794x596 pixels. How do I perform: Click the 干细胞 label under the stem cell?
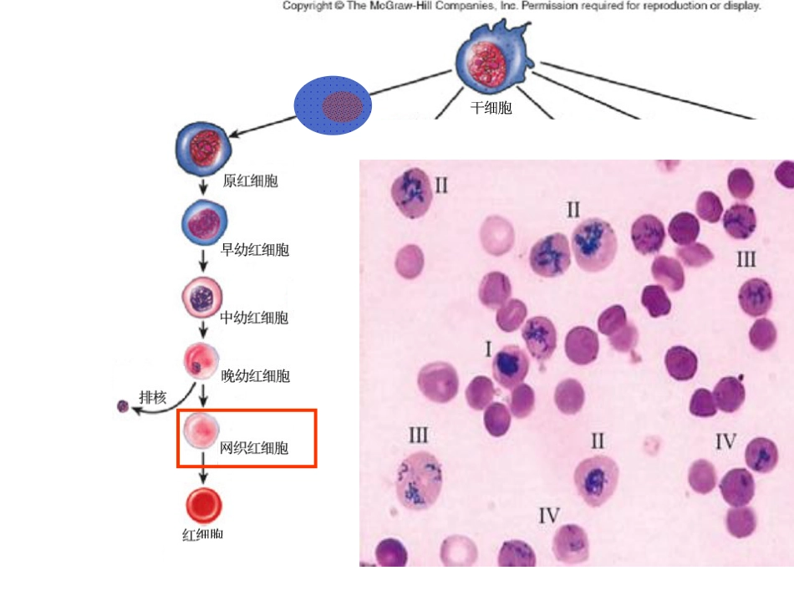pyautogui.click(x=491, y=108)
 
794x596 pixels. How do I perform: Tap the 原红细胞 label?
pyautogui.click(x=250, y=181)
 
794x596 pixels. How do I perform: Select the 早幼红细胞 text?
pyautogui.click(x=255, y=249)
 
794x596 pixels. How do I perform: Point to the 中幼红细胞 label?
pyautogui.click(x=254, y=318)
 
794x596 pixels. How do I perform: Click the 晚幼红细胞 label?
pyautogui.click(x=255, y=375)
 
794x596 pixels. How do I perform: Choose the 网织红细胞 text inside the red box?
pyautogui.click(x=254, y=448)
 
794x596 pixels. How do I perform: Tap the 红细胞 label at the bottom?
pyautogui.click(x=202, y=534)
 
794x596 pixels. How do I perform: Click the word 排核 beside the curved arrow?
pyautogui.click(x=153, y=398)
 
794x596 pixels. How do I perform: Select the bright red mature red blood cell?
pyautogui.click(x=204, y=506)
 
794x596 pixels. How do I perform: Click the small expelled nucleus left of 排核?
pyautogui.click(x=123, y=406)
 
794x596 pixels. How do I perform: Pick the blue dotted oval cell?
pyautogui.click(x=333, y=105)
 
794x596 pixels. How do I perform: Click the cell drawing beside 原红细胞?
pyautogui.click(x=204, y=148)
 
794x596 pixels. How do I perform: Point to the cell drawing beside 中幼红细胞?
pyautogui.click(x=202, y=298)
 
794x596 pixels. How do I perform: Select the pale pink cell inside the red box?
pyautogui.click(x=201, y=430)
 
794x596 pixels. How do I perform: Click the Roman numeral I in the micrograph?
pyautogui.click(x=488, y=349)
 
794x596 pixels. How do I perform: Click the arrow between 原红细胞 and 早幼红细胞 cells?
pyautogui.click(x=203, y=186)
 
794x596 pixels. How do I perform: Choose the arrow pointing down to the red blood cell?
pyautogui.click(x=203, y=468)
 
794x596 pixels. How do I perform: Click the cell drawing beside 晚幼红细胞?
pyautogui.click(x=201, y=361)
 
